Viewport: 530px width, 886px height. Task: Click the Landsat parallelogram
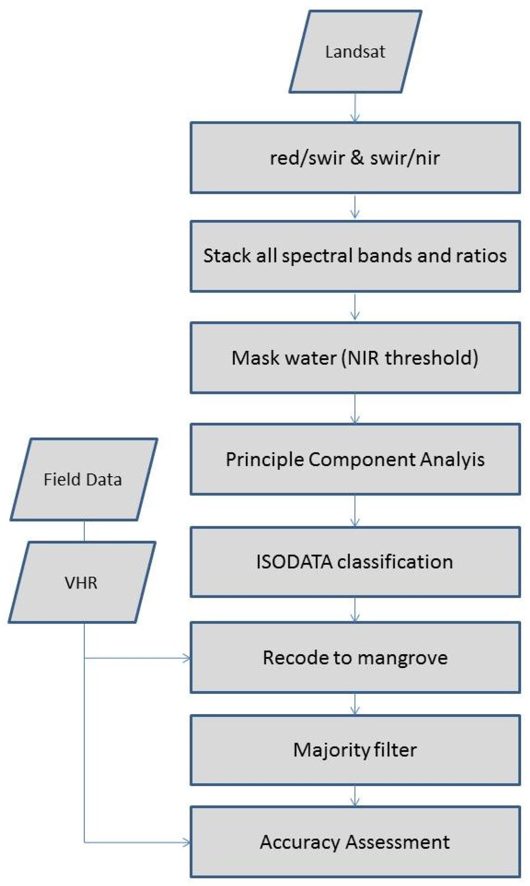click(x=355, y=52)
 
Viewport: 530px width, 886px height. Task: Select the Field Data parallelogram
click(x=83, y=479)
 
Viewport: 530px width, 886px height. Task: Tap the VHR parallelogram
click(x=81, y=583)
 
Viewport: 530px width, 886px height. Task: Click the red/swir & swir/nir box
click(x=355, y=158)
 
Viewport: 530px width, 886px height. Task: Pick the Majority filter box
click(x=355, y=750)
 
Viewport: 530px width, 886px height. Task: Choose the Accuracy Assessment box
click(x=355, y=842)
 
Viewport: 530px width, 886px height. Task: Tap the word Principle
click(x=264, y=460)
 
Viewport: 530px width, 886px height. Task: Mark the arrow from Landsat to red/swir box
click(x=355, y=108)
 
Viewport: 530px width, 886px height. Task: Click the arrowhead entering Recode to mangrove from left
click(x=187, y=658)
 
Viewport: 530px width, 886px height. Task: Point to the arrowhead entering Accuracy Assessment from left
click(x=187, y=843)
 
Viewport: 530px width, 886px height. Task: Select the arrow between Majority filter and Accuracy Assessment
click(x=355, y=796)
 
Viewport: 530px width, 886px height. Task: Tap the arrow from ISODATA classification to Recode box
click(x=355, y=610)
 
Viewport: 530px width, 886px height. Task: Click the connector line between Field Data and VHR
click(x=84, y=531)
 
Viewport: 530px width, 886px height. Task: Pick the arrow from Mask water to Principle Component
click(x=355, y=409)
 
